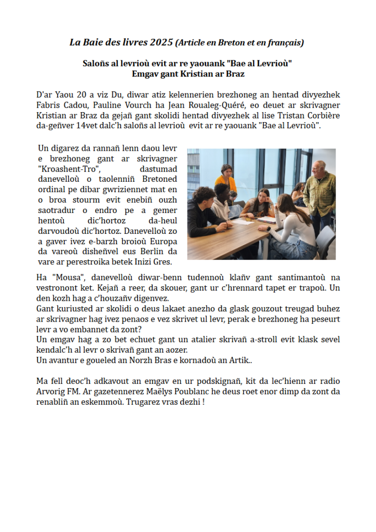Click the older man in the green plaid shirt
point(319,192)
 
